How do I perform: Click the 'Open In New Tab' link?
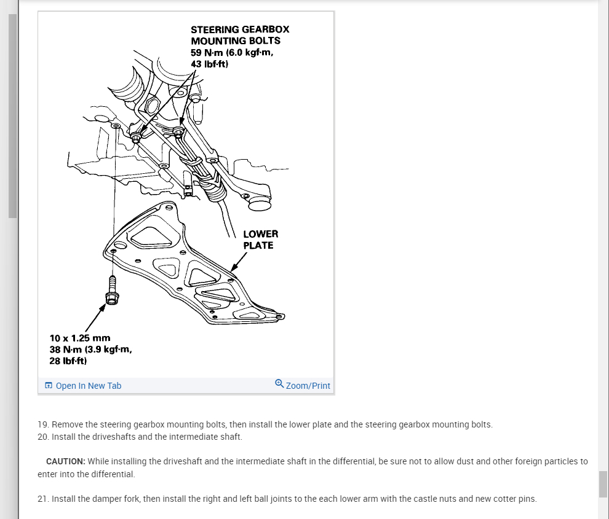88,386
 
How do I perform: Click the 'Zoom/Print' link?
308,386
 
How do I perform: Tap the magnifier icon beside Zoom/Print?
279,384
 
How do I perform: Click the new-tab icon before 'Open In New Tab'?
49,386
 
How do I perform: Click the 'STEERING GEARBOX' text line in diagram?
239,29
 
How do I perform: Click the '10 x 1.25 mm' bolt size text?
79,338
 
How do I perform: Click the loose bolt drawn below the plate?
112,291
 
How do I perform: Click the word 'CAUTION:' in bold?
65,461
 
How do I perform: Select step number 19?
42,424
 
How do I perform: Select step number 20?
43,437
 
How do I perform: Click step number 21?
42,499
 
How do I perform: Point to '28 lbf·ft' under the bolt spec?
68,361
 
